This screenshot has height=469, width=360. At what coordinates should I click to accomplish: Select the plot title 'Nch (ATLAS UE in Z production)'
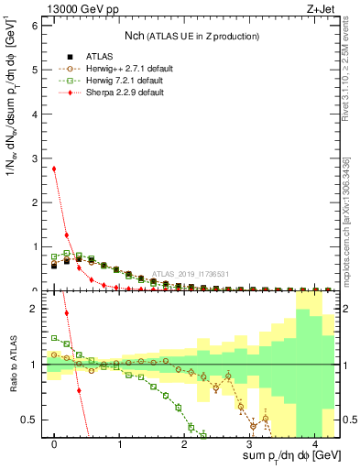pyautogui.click(x=191, y=35)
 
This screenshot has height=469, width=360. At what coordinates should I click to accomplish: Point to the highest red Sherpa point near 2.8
pyautogui.click(x=55, y=169)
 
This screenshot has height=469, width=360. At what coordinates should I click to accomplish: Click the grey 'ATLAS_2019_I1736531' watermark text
pyautogui.click(x=191, y=273)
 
